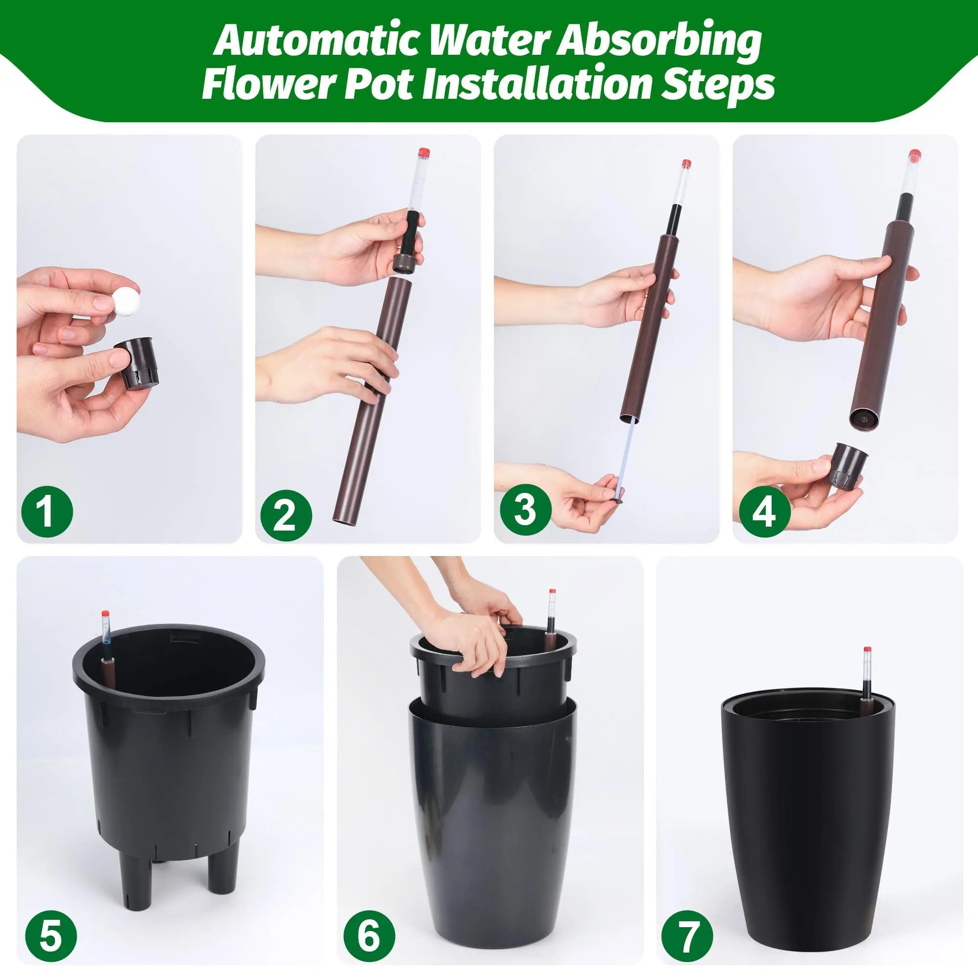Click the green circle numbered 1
coord(47,513)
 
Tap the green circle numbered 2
coord(286,513)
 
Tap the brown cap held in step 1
coord(134,363)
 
